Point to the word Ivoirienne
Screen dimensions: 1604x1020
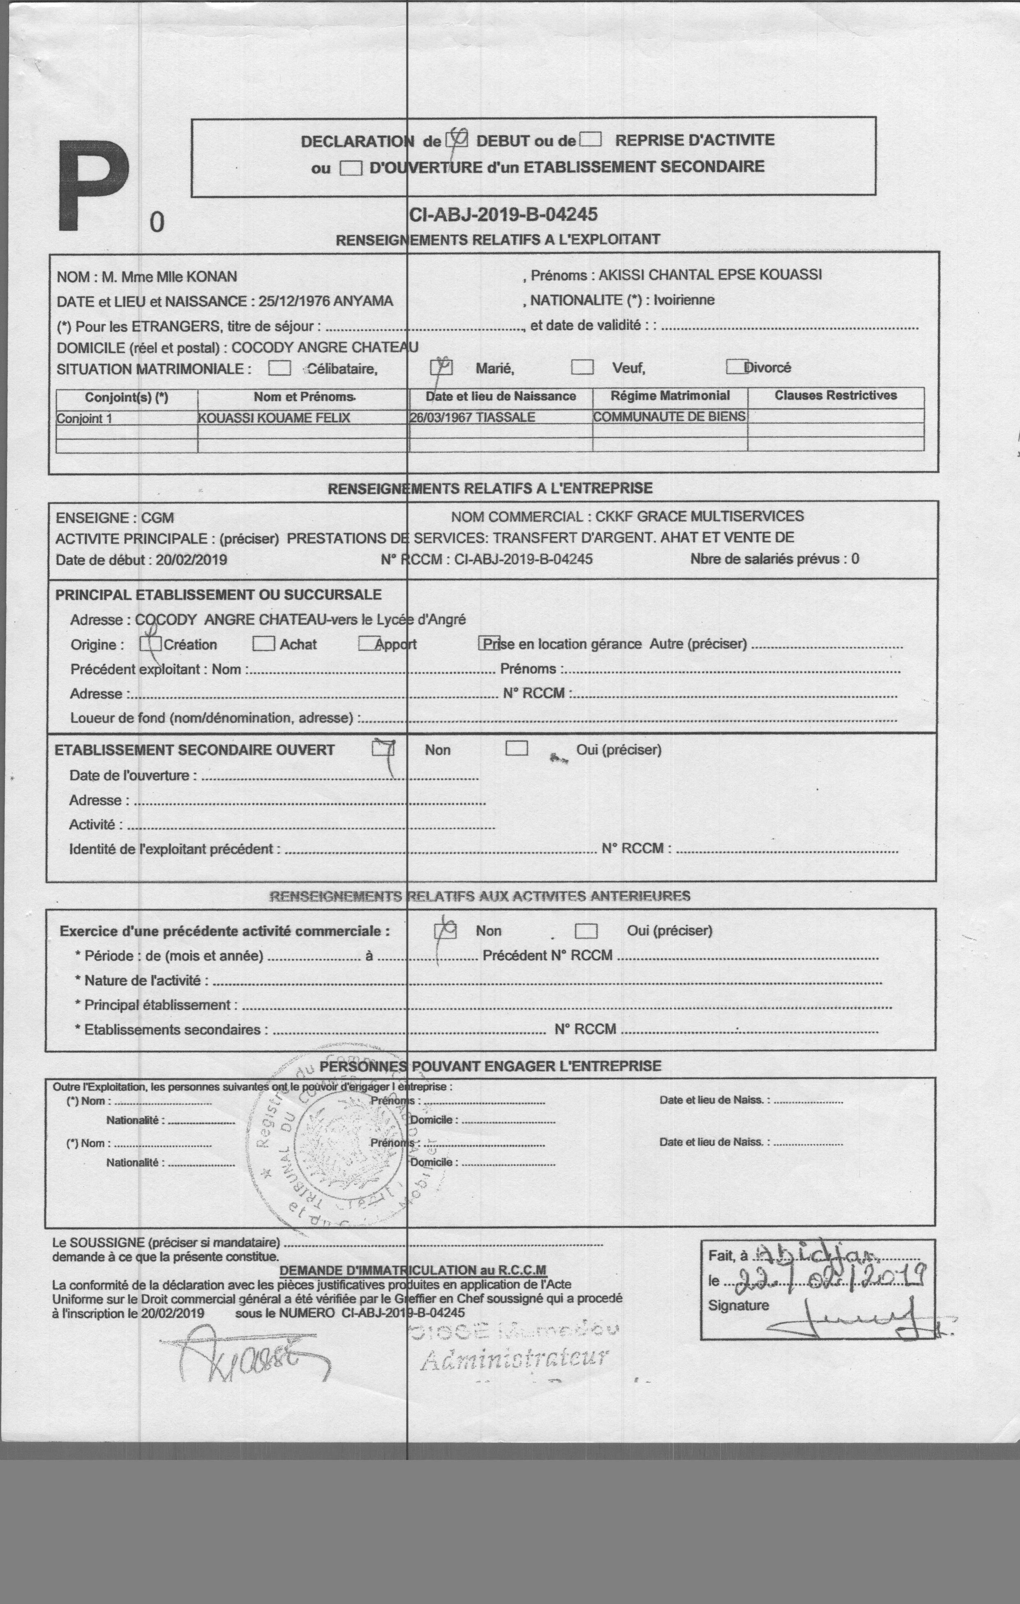click(684, 300)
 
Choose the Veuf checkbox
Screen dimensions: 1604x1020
click(582, 368)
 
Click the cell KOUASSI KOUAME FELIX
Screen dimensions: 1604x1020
click(274, 418)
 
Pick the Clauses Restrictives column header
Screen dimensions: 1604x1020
click(836, 396)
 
